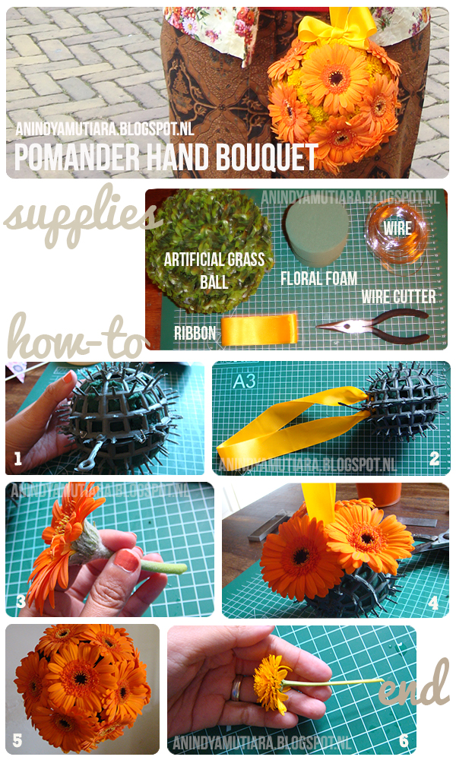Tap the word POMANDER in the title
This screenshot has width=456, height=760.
(x=77, y=157)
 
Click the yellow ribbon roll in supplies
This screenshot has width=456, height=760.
(x=259, y=330)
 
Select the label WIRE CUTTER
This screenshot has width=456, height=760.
(x=398, y=296)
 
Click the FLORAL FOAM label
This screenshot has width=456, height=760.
(x=319, y=278)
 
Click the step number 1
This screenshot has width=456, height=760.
(x=18, y=458)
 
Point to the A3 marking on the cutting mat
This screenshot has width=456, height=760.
(x=244, y=381)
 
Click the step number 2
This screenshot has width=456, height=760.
(x=434, y=458)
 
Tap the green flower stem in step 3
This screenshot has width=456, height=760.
(x=164, y=565)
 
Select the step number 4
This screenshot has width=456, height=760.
(x=433, y=603)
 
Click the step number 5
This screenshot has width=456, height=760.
(x=17, y=740)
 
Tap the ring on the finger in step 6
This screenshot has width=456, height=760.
(x=236, y=688)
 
